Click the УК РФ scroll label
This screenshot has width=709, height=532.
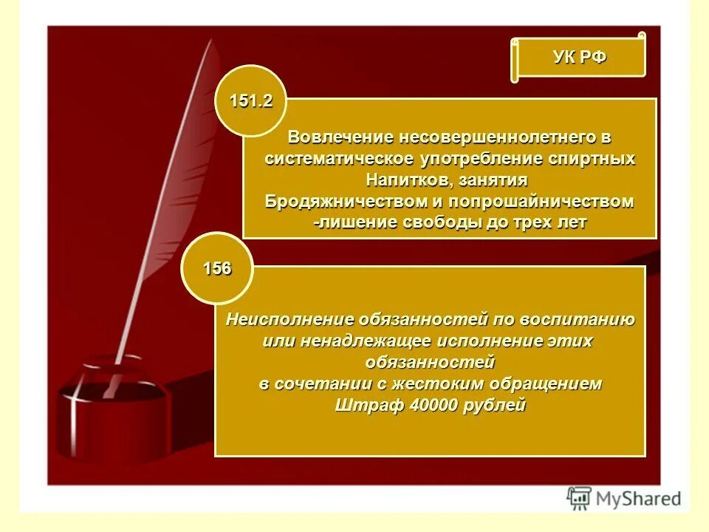click(580, 58)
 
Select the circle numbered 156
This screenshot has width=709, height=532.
click(217, 269)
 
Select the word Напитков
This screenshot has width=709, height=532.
click(408, 180)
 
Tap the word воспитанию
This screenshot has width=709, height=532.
click(581, 320)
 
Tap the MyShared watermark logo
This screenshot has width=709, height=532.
click(624, 498)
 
